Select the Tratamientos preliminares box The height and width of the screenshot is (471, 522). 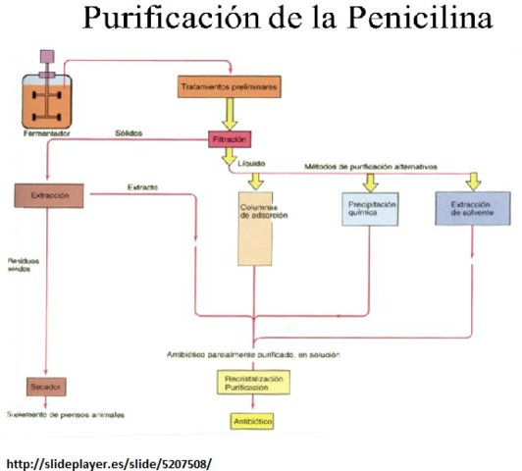(229, 87)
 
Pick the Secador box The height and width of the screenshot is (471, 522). (46, 387)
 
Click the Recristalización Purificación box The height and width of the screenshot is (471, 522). (253, 383)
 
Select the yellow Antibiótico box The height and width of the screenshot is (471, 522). (252, 422)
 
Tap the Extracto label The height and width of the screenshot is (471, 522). (143, 186)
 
